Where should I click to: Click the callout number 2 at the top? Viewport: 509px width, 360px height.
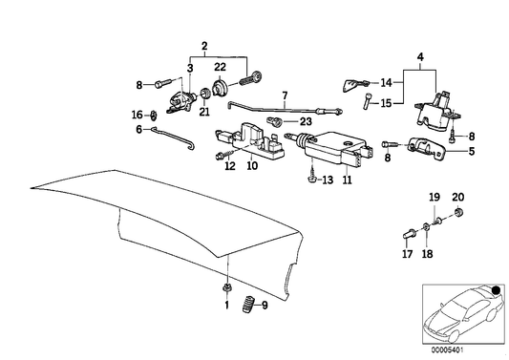pos(201,45)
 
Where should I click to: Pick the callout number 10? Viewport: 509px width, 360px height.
pos(253,165)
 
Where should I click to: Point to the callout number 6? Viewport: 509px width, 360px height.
pos(139,130)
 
